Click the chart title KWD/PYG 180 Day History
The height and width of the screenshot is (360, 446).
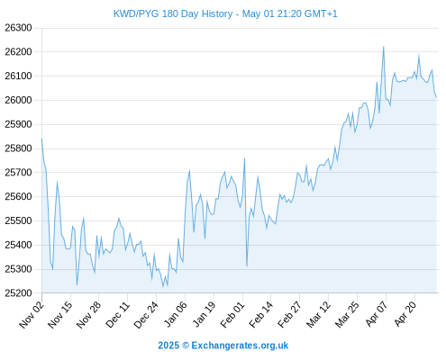[173, 13]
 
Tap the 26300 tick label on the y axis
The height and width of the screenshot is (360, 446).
[18, 28]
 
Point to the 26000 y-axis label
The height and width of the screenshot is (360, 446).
[18, 100]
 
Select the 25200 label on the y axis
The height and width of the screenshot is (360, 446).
[18, 293]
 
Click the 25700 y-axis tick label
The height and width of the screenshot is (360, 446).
[18, 173]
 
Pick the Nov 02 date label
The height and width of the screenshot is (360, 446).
[32, 314]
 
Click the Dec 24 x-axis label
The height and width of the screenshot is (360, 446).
[146, 314]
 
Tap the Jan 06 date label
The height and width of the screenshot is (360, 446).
[176, 314]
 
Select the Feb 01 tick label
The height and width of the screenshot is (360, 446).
[232, 314]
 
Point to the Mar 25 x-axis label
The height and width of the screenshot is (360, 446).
[347, 314]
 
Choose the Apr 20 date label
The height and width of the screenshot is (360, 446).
[405, 314]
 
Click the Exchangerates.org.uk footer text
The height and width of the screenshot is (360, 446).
[240, 346]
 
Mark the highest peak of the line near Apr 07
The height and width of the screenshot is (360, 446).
[384, 47]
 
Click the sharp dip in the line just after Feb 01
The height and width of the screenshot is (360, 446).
[247, 266]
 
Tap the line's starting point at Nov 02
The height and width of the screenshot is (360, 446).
[41, 139]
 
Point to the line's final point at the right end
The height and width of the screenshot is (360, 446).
[436, 97]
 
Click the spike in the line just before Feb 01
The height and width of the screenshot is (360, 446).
[244, 158]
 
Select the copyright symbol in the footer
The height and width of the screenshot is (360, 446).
[186, 346]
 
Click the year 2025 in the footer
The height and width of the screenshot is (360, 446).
[168, 346]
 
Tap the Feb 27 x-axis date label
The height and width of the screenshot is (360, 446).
[290, 314]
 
